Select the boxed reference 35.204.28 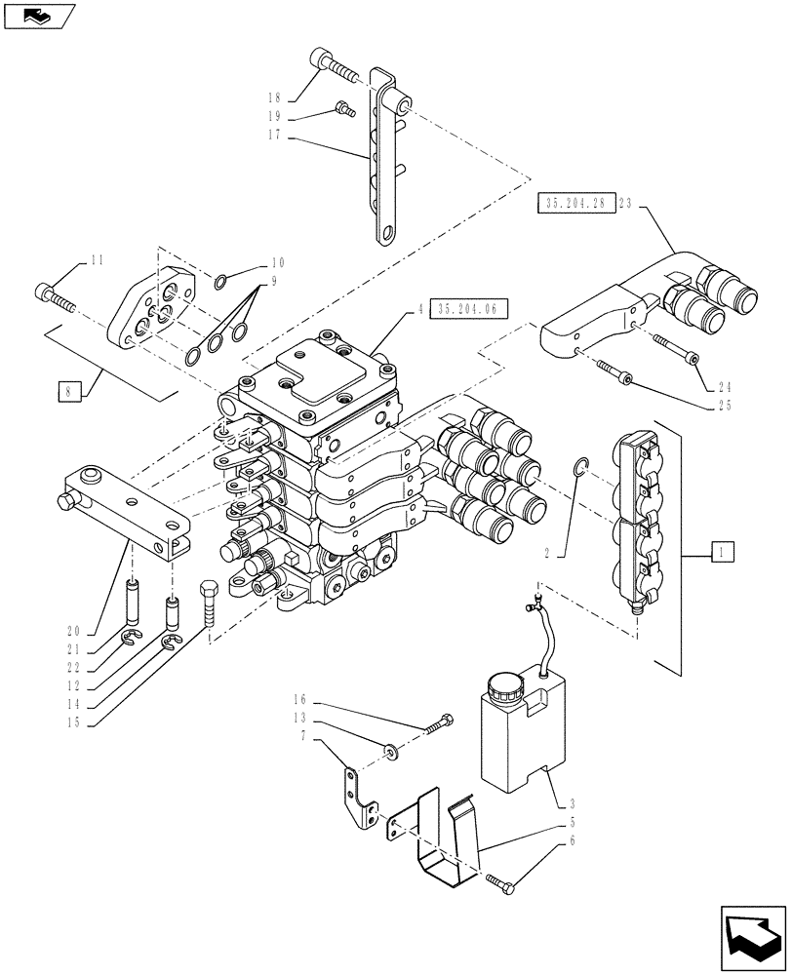click(574, 204)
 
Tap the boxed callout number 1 click(723, 553)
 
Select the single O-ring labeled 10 click(222, 282)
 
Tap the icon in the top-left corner click(39, 15)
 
